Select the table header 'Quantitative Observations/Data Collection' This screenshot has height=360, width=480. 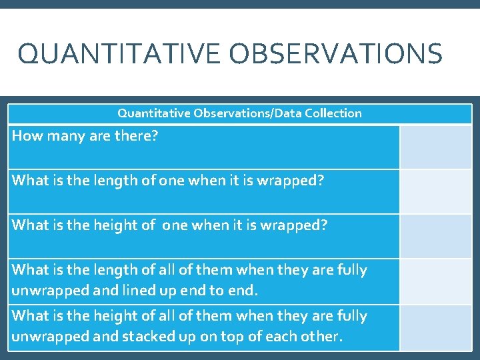coord(239,113)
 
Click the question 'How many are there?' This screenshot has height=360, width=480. coord(85,136)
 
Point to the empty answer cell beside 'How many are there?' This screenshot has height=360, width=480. coord(435,147)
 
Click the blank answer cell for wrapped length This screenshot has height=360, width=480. coord(435,191)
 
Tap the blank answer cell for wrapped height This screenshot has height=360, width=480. coord(435,236)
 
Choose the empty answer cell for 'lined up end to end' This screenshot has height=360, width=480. coord(435,281)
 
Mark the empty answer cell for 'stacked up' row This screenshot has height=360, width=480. coord(435,327)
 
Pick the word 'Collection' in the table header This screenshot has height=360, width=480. coord(333,113)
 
